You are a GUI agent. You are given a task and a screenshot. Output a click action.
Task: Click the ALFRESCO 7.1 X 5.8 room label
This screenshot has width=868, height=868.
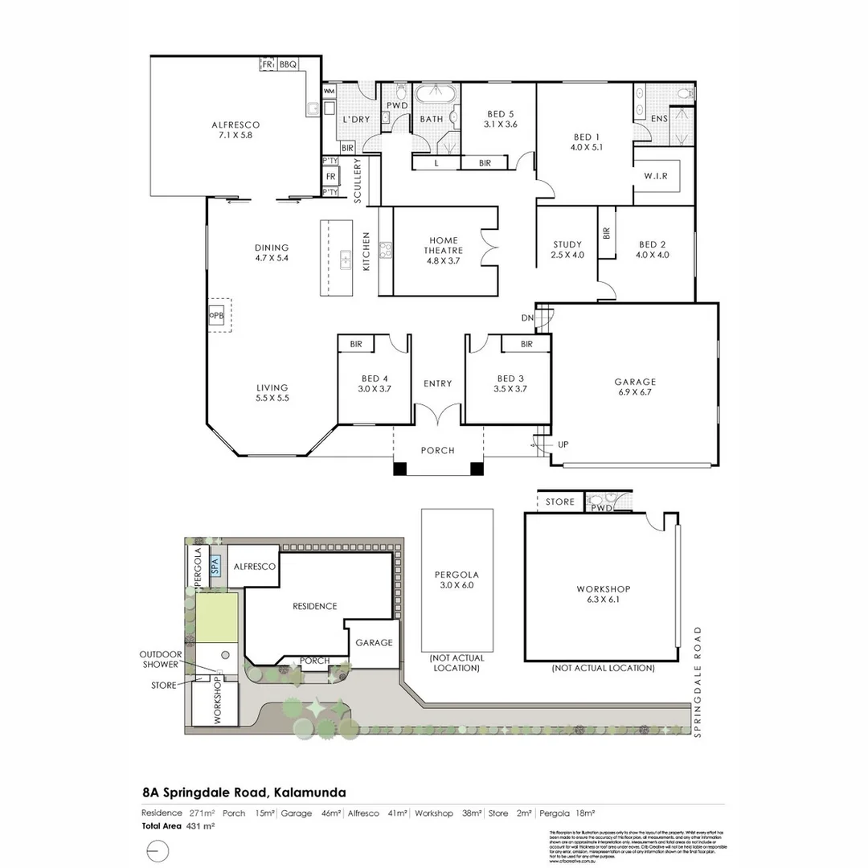point(235,130)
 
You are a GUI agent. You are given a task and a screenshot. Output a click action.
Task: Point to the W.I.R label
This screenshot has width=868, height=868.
point(656,176)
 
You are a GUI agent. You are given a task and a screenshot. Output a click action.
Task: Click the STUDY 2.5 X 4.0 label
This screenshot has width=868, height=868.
point(567,250)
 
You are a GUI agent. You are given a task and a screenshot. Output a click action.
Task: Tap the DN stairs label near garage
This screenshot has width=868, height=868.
point(527,318)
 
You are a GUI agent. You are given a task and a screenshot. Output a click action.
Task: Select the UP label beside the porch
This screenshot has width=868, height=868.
point(563,444)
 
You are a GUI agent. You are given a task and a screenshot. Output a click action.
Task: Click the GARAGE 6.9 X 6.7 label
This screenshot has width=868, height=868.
point(635,387)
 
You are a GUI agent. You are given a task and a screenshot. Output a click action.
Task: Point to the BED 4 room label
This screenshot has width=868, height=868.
point(375,383)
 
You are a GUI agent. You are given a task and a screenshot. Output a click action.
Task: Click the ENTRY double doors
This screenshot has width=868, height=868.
point(438,416)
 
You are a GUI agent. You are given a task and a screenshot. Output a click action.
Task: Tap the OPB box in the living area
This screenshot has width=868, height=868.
point(216,315)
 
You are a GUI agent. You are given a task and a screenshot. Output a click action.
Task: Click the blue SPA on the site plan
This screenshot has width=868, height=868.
point(214,564)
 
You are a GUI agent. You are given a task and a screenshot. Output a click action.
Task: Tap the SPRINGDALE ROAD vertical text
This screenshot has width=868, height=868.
point(698,681)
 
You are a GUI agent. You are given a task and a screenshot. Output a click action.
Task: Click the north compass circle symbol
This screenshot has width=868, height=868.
point(158,850)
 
